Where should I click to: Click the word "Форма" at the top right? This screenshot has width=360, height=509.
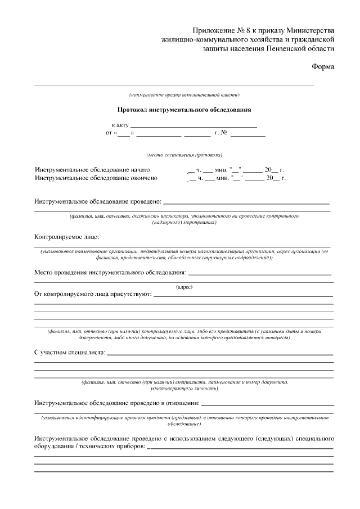323,67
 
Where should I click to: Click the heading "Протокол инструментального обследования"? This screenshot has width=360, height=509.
184,110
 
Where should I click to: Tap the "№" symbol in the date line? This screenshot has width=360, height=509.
223,134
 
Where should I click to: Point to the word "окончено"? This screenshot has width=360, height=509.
142,178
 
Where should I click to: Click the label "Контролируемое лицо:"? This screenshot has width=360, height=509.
66,236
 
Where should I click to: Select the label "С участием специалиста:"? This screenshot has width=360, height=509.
70,353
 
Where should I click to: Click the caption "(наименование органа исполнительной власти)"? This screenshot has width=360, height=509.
184,94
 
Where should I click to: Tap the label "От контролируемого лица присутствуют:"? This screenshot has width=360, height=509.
93,294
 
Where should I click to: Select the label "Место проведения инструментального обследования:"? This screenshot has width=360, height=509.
110,272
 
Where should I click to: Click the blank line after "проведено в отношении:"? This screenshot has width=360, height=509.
267,404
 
